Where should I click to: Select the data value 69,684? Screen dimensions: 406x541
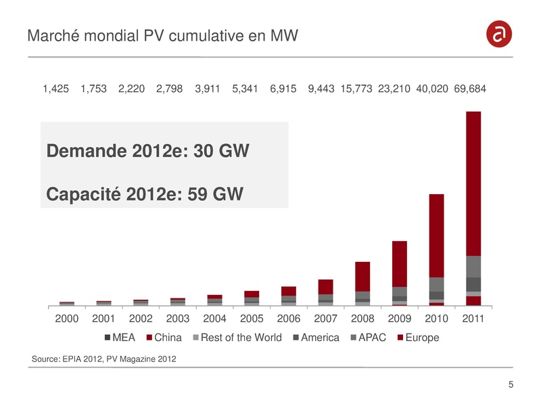[x=470, y=89]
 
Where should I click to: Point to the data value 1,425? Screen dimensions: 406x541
[x=55, y=89]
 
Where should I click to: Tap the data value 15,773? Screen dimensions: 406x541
[x=356, y=89]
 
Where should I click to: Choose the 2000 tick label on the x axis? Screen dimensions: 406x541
[x=66, y=318]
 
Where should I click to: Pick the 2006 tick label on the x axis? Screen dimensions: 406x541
[x=289, y=318]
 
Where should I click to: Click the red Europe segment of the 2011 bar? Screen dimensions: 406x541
[x=473, y=183]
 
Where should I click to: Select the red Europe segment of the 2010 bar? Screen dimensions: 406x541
[x=436, y=235]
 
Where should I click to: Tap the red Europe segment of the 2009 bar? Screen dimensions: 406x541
[x=399, y=264]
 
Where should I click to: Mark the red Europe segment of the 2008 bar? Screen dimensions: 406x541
[x=362, y=276]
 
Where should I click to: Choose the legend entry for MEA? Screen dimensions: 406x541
[x=122, y=337]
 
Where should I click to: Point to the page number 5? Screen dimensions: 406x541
[x=510, y=386]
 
